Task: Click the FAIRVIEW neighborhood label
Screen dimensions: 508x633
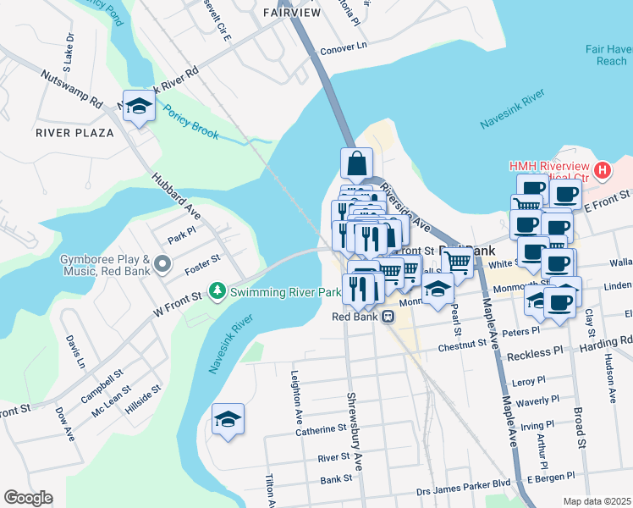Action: click(292, 13)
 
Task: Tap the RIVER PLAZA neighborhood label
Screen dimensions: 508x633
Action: click(74, 133)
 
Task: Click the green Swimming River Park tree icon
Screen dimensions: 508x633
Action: click(218, 291)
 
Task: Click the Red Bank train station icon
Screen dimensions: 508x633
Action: click(388, 317)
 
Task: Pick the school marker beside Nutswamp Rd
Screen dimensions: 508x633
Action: click(139, 106)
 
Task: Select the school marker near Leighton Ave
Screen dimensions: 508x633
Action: click(228, 419)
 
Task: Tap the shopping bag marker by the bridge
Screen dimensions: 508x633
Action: click(357, 163)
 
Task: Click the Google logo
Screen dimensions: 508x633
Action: click(28, 498)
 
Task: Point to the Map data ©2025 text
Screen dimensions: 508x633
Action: click(597, 501)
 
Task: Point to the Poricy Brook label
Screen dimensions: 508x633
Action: click(191, 123)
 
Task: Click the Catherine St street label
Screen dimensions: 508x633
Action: click(316, 431)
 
